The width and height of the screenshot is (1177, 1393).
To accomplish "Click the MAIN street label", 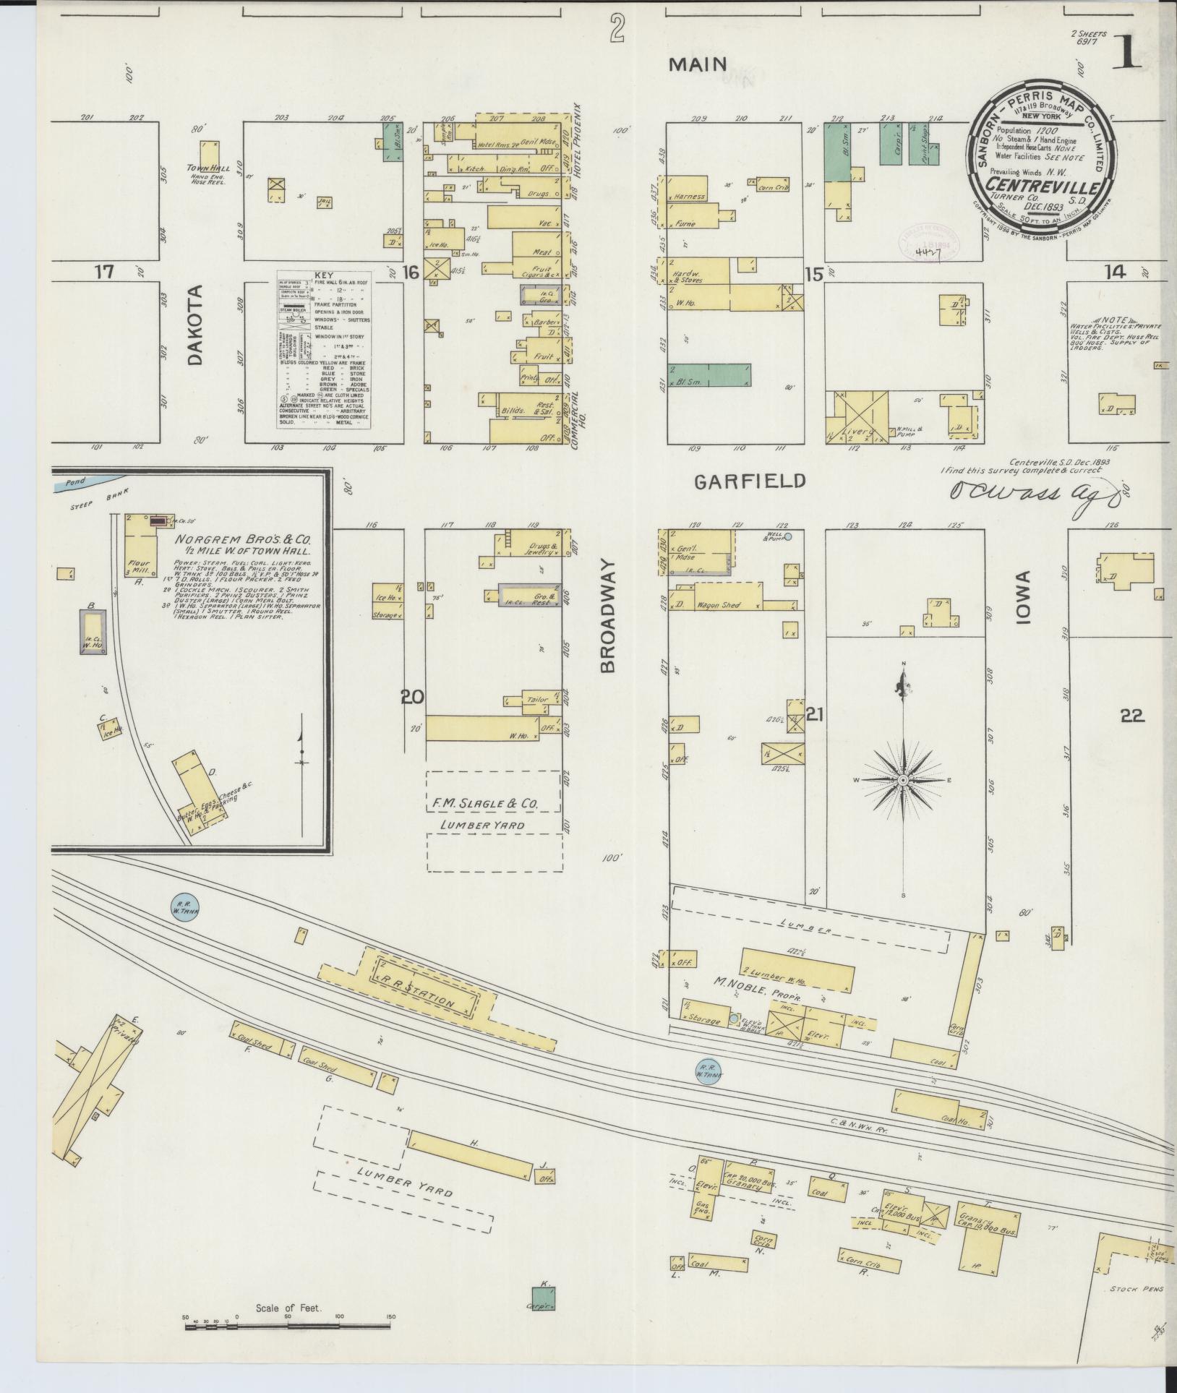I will (697, 64).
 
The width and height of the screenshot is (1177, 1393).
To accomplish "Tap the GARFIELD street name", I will (750, 481).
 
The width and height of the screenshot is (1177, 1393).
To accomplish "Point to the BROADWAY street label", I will (607, 615).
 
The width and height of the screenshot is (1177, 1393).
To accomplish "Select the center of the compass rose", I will (903, 781).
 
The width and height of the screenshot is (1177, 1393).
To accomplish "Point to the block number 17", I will (105, 272).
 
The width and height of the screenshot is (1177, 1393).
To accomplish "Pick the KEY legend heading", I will (323, 276).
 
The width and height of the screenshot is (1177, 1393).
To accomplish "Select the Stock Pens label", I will (1137, 1288).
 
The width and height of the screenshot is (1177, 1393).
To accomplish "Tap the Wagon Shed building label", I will (718, 605).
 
